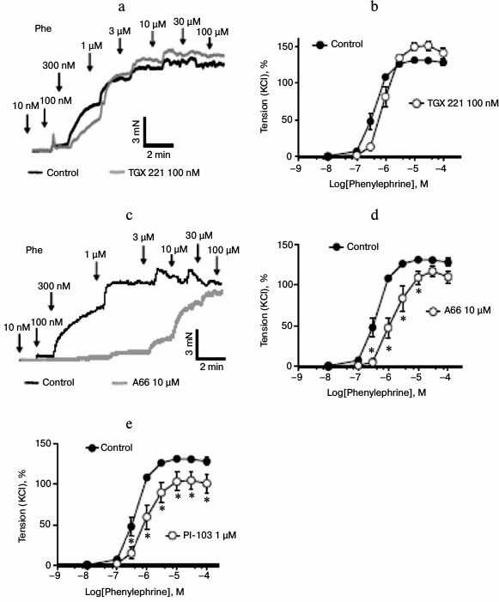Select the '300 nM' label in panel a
[x=58, y=64]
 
